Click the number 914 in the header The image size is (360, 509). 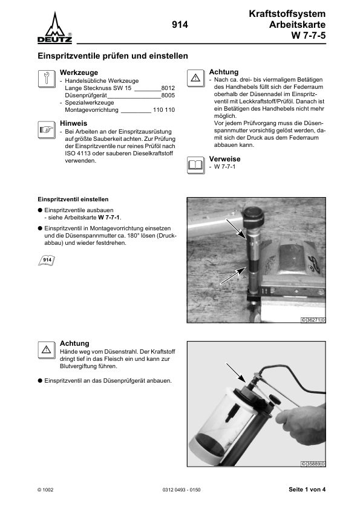click(180, 25)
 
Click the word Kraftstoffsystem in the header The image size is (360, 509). click(287, 13)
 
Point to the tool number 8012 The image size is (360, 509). click(168, 88)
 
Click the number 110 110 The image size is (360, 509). click(164, 111)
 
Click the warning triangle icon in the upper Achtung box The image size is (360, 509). click(195, 78)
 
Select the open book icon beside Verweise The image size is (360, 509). click(195, 164)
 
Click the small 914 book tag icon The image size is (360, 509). click(47, 260)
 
